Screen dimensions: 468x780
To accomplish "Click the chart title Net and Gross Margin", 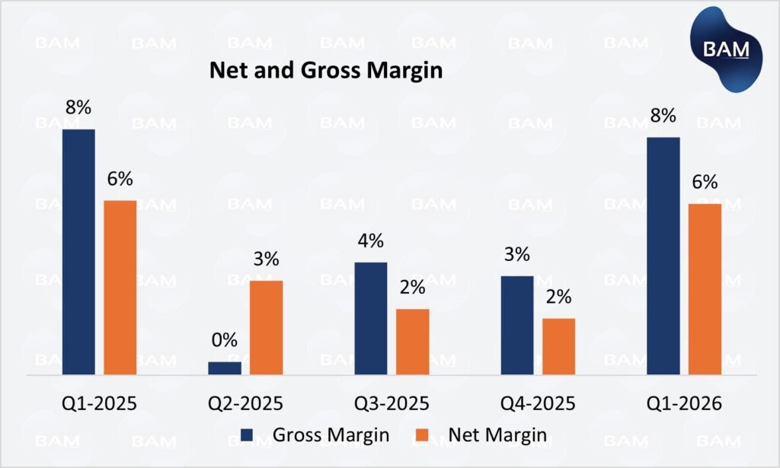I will pos(325,72).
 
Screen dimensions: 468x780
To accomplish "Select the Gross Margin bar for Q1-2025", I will pos(79,251).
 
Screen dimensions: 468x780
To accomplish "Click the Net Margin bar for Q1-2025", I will pos(120,287).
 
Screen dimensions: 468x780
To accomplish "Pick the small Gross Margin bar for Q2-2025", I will pos(225,368).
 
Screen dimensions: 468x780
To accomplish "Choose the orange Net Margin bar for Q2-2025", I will pos(266,327).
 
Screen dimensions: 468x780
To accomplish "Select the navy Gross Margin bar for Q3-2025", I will pos(371,318).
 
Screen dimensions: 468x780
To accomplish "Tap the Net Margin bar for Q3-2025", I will pos(412,342).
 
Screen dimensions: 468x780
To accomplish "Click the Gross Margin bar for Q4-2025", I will pos(517,325).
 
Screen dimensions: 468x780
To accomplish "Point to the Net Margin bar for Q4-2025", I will pos(558,346).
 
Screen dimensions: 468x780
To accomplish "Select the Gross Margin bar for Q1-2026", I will pos(663,256).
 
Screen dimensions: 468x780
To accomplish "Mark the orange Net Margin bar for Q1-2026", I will pos(705,289).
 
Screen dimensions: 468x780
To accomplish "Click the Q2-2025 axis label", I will pos(246,403).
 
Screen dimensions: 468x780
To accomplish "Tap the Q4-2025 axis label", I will pos(538,403).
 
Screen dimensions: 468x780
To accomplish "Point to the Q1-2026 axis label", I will pos(684,403).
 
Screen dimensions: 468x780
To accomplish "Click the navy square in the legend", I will pos(248,435).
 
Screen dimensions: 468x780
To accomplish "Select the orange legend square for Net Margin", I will pos(431,435).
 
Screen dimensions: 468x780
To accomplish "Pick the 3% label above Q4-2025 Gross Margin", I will pos(517,254).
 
